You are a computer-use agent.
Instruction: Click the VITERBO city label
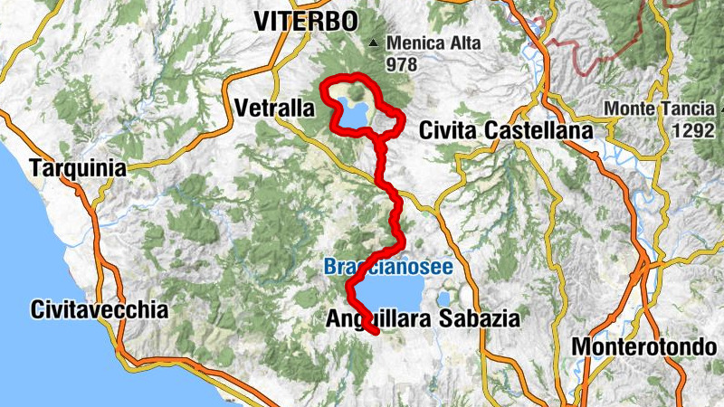(x=306, y=20)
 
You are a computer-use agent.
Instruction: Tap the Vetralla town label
(x=272, y=109)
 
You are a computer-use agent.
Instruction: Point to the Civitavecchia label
(x=99, y=309)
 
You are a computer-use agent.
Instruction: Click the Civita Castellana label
(x=506, y=131)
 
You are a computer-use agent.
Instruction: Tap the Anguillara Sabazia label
(x=423, y=318)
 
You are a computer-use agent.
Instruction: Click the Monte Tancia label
(x=653, y=109)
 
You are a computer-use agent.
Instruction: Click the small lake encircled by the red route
(x=354, y=115)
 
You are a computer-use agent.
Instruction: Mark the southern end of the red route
(x=375, y=334)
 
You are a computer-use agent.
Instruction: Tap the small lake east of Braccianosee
(x=443, y=297)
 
